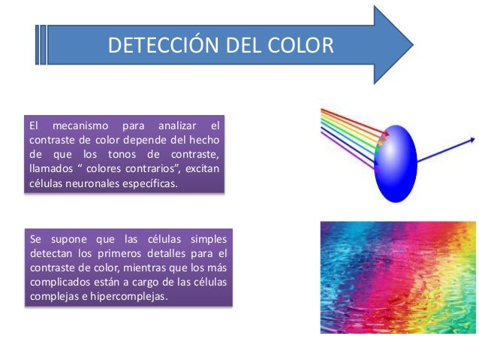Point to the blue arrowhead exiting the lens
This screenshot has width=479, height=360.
471,139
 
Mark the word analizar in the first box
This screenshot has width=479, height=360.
178,126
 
